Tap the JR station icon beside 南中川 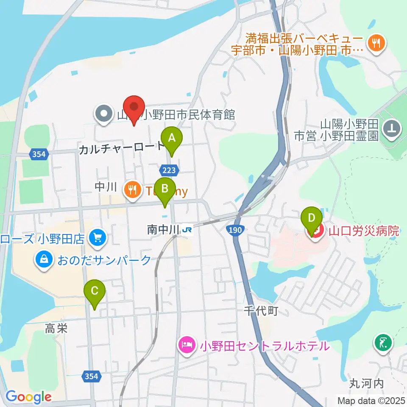pos(187,230)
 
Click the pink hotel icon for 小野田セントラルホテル pos(187,345)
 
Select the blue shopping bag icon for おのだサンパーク pos(44,259)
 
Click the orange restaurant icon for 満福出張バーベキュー pos(375,42)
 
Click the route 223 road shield pos(169,170)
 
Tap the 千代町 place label pos(260,311)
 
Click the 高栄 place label pos(56,328)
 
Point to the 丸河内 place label pos(366,384)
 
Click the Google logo pos(28,397)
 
